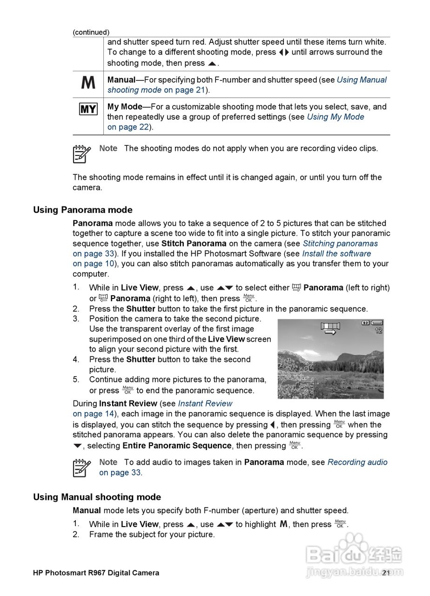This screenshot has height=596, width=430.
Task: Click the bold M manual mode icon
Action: coord(88,83)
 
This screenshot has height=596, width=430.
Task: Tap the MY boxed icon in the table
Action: coord(88,109)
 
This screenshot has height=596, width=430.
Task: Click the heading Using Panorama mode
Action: coord(82,210)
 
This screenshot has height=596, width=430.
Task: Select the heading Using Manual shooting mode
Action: coord(97,497)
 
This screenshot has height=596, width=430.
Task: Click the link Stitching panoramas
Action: coord(340,244)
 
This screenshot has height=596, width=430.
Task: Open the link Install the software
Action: coord(336,254)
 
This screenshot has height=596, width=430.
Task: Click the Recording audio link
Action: coord(357,462)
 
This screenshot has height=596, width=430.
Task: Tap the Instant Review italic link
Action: coord(205,404)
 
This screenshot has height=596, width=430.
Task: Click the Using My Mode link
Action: coord(336,117)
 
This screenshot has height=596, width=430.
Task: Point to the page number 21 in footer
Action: coord(386,573)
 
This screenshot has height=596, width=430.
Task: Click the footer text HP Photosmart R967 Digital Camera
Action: coord(96,573)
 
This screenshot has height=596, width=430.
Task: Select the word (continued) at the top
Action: coord(91,32)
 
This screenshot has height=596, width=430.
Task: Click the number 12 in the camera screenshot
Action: coord(378,331)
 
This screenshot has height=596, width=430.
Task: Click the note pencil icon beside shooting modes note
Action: coord(81,154)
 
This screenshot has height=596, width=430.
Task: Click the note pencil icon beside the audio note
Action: coord(81,467)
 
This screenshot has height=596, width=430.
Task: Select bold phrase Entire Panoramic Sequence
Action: coord(177,446)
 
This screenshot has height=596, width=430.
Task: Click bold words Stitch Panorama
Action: coord(194,244)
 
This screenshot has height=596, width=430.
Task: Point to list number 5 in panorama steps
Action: coord(76,379)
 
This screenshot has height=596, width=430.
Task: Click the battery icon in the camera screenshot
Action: coord(376,323)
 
